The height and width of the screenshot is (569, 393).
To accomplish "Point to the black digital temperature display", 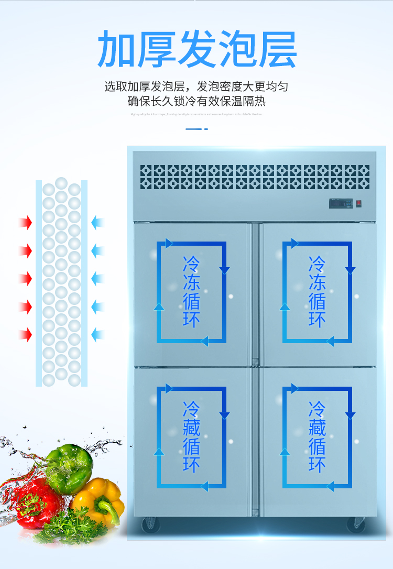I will pos(340,203).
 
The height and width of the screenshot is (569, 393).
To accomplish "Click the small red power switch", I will pos(359,203).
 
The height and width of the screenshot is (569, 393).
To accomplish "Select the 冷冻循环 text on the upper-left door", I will pos(191,292).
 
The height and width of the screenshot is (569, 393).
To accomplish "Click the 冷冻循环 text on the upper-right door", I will pos(317,292).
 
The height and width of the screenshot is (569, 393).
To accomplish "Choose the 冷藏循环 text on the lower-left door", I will pos(191,437).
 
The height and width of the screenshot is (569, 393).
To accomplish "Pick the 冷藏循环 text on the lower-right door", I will pos(317,437).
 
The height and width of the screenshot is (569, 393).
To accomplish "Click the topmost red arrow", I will pos(25,223).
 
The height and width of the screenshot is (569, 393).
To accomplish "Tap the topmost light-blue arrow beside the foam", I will pos(97,223).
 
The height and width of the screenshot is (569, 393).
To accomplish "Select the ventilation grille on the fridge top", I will pos(255,177).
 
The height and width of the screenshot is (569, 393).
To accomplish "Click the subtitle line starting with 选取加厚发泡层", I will pos(196,86).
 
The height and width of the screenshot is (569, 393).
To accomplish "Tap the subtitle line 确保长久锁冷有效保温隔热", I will pos(196,101).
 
